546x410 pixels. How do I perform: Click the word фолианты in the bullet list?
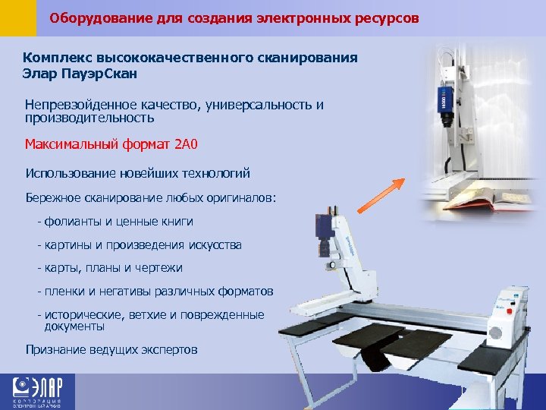tap(68, 222)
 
